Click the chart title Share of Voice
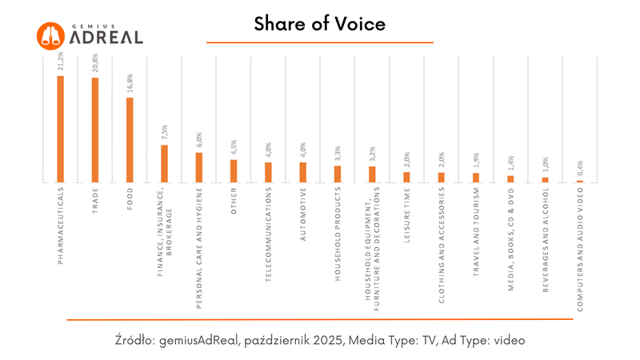(x=320, y=25)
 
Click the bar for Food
(x=130, y=141)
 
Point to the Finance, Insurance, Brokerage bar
(x=165, y=164)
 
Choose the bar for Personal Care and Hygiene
(x=199, y=168)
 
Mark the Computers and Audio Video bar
(x=580, y=182)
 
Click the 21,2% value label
(x=61, y=62)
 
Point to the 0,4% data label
(x=580, y=170)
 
